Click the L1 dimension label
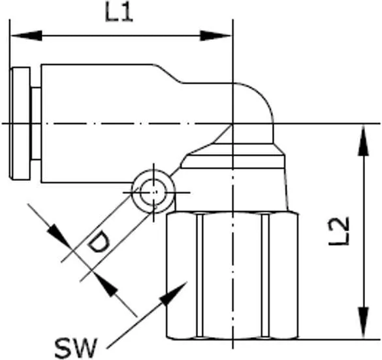[119, 12]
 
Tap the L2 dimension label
[339, 231]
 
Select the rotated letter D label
[99, 242]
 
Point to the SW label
[76, 348]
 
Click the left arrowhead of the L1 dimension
[26, 36]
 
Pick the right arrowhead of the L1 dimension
[215, 36]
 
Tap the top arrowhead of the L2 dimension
[363, 140]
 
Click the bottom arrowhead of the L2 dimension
[363, 323]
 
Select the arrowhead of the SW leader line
[174, 294]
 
